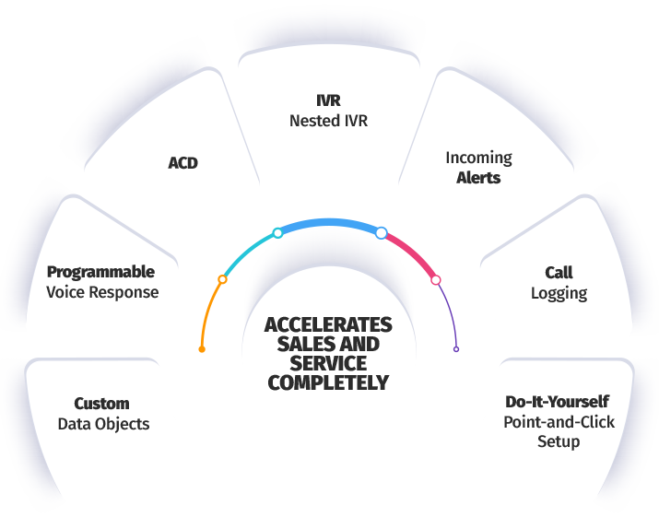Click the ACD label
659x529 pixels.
(182, 163)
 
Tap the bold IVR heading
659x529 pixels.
(328, 101)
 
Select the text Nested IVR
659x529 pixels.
(328, 121)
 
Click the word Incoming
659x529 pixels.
(478, 158)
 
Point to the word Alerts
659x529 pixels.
(478, 177)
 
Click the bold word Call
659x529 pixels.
(559, 273)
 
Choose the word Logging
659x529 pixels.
(559, 293)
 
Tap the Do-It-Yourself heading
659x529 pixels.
(557, 402)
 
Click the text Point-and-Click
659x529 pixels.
(559, 422)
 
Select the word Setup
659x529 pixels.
(559, 441)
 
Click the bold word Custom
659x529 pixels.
(101, 404)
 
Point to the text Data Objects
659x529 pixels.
(103, 424)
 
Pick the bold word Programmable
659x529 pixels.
(100, 272)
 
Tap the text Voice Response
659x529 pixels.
(102, 292)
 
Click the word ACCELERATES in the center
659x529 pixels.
(328, 325)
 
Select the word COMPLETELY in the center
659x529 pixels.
(328, 382)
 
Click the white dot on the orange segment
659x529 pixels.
(222, 278)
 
